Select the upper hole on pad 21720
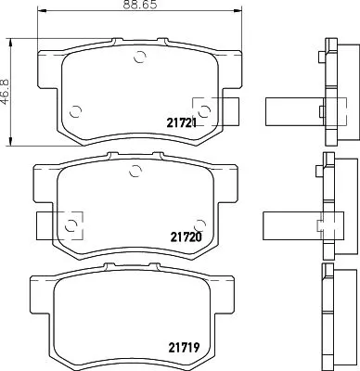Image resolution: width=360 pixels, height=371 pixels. [135, 170]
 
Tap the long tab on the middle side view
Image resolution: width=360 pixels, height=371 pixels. [289, 224]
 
